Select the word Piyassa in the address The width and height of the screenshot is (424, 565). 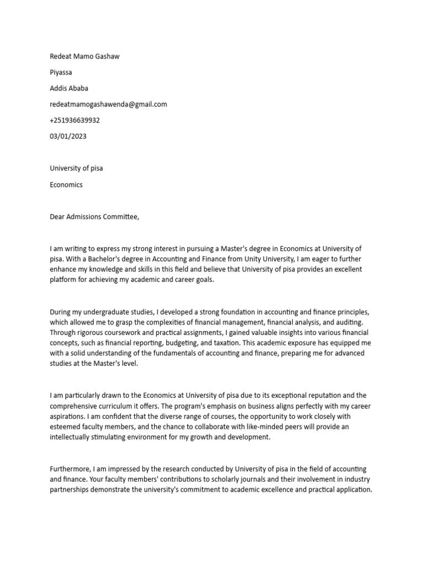[61, 72]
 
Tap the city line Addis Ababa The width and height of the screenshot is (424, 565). [69, 88]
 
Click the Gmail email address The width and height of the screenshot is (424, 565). [108, 104]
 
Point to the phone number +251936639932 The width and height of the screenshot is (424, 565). [75, 120]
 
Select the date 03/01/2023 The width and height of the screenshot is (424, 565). [68, 136]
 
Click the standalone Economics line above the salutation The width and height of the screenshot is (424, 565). [66, 185]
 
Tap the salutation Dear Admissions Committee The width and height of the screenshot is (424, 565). [94, 217]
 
